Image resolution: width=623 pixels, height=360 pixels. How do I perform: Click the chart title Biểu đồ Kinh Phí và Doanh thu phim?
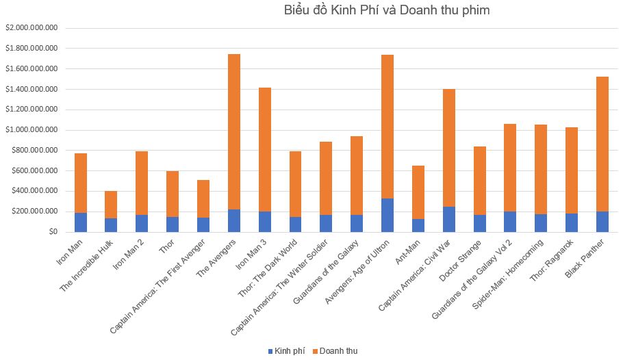pos(387,10)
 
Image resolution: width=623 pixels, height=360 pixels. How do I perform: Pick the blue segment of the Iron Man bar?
pos(81,222)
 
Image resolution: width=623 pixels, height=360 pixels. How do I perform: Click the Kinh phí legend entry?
pos(286,351)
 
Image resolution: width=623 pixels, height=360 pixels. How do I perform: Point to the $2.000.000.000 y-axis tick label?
pos(31,28)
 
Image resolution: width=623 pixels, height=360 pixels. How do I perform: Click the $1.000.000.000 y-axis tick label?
pos(31,130)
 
